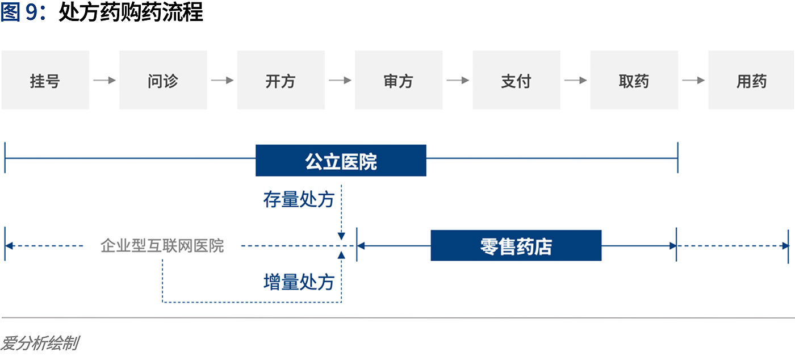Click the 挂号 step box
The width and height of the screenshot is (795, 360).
[45, 80]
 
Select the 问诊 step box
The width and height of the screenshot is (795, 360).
[163, 80]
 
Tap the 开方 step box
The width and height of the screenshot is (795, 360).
[281, 80]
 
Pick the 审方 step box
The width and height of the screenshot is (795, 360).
[399, 80]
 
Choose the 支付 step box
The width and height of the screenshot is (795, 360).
[516, 80]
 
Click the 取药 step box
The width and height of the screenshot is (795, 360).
[634, 80]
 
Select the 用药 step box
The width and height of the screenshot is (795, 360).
[751, 80]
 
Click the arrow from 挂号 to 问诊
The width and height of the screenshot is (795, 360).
[104, 80]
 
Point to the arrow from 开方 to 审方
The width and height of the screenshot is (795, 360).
[340, 80]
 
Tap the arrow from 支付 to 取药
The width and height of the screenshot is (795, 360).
[575, 80]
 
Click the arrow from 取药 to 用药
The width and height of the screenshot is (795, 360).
[693, 80]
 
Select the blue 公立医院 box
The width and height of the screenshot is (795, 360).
[341, 161]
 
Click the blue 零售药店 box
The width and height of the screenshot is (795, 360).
[516, 245]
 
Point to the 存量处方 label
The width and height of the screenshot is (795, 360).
[299, 199]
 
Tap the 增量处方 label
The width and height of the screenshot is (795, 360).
[299, 282]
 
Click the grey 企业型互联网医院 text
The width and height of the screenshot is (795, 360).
[162, 246]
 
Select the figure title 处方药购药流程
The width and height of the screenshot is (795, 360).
[131, 12]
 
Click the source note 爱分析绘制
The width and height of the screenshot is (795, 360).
[40, 344]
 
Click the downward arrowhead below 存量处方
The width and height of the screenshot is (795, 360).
[341, 236]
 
